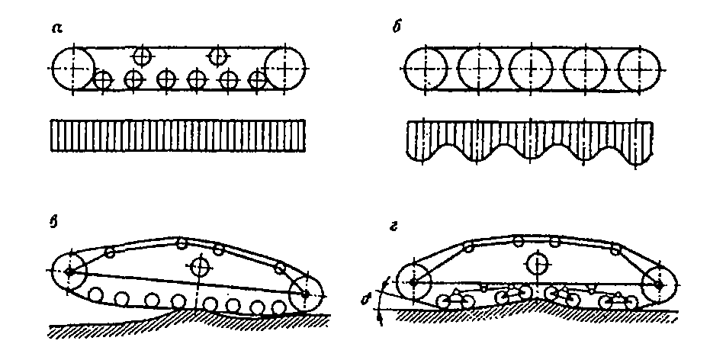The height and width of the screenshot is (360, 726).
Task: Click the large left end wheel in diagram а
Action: coord(72,67)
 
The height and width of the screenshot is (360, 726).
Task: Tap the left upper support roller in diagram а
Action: coord(141,55)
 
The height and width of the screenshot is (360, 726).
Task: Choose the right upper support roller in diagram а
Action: coord(219,55)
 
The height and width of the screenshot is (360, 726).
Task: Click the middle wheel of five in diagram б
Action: coord(530,68)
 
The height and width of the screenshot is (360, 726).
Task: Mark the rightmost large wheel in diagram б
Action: coord(637,68)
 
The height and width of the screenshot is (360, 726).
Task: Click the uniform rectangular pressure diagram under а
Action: coord(178,135)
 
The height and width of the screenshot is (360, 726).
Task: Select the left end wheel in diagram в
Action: coord(70,272)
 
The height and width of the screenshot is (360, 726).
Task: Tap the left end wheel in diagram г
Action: coord(412,282)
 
